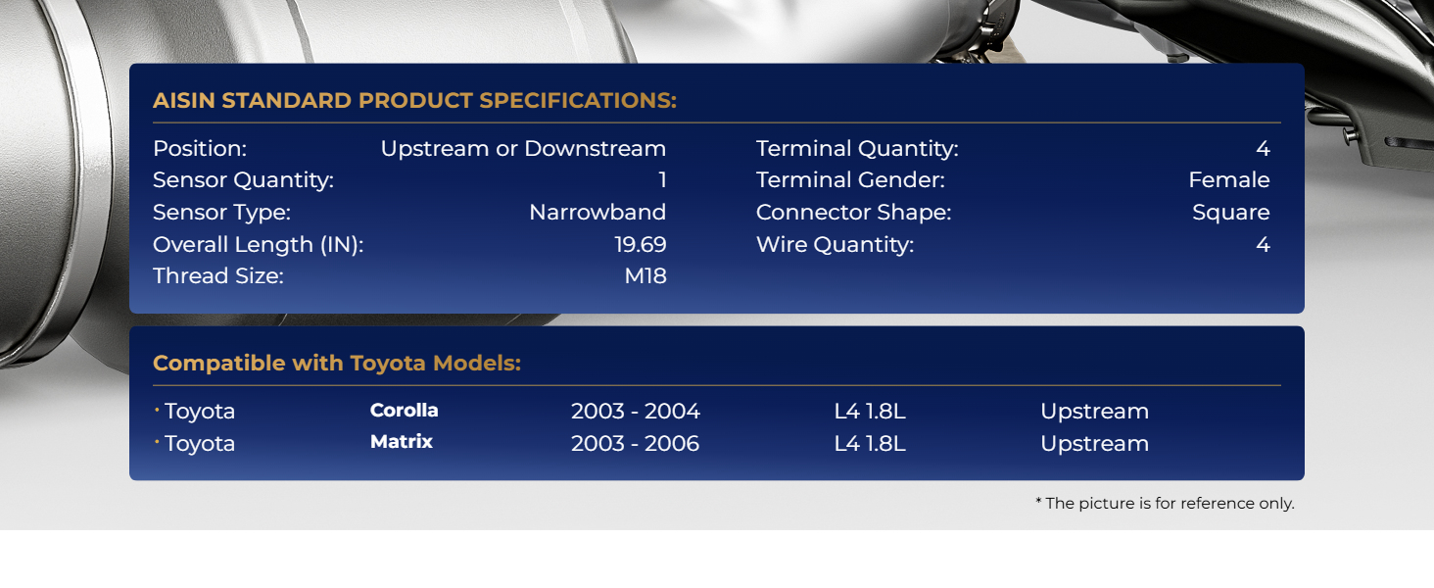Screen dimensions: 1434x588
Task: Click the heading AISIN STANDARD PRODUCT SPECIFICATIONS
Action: click(415, 101)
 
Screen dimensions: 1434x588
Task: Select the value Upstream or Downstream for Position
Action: click(523, 149)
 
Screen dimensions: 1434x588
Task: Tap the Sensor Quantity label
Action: click(243, 180)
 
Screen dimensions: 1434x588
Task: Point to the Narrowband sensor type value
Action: click(597, 212)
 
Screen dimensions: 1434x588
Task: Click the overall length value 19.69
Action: click(641, 244)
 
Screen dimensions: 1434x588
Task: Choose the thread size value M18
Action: click(645, 276)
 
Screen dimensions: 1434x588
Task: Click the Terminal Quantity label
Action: click(857, 149)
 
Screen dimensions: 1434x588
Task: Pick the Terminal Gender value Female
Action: click(1229, 180)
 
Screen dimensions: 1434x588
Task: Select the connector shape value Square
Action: click(1230, 213)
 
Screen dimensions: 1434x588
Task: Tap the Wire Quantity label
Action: click(835, 245)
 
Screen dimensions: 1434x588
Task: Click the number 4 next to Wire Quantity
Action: click(1263, 244)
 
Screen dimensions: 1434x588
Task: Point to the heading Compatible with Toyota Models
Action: click(337, 364)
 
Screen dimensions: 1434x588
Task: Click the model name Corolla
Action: click(404, 410)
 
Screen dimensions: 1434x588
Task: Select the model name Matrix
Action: click(402, 441)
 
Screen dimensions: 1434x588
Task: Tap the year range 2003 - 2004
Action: click(635, 412)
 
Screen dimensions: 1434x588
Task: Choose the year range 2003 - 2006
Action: click(635, 443)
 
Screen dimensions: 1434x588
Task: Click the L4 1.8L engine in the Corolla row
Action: click(870, 412)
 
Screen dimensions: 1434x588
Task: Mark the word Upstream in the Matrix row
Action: click(1094, 444)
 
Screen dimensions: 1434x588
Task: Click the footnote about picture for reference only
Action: click(1166, 504)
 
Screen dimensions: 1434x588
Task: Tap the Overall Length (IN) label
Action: click(258, 245)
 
